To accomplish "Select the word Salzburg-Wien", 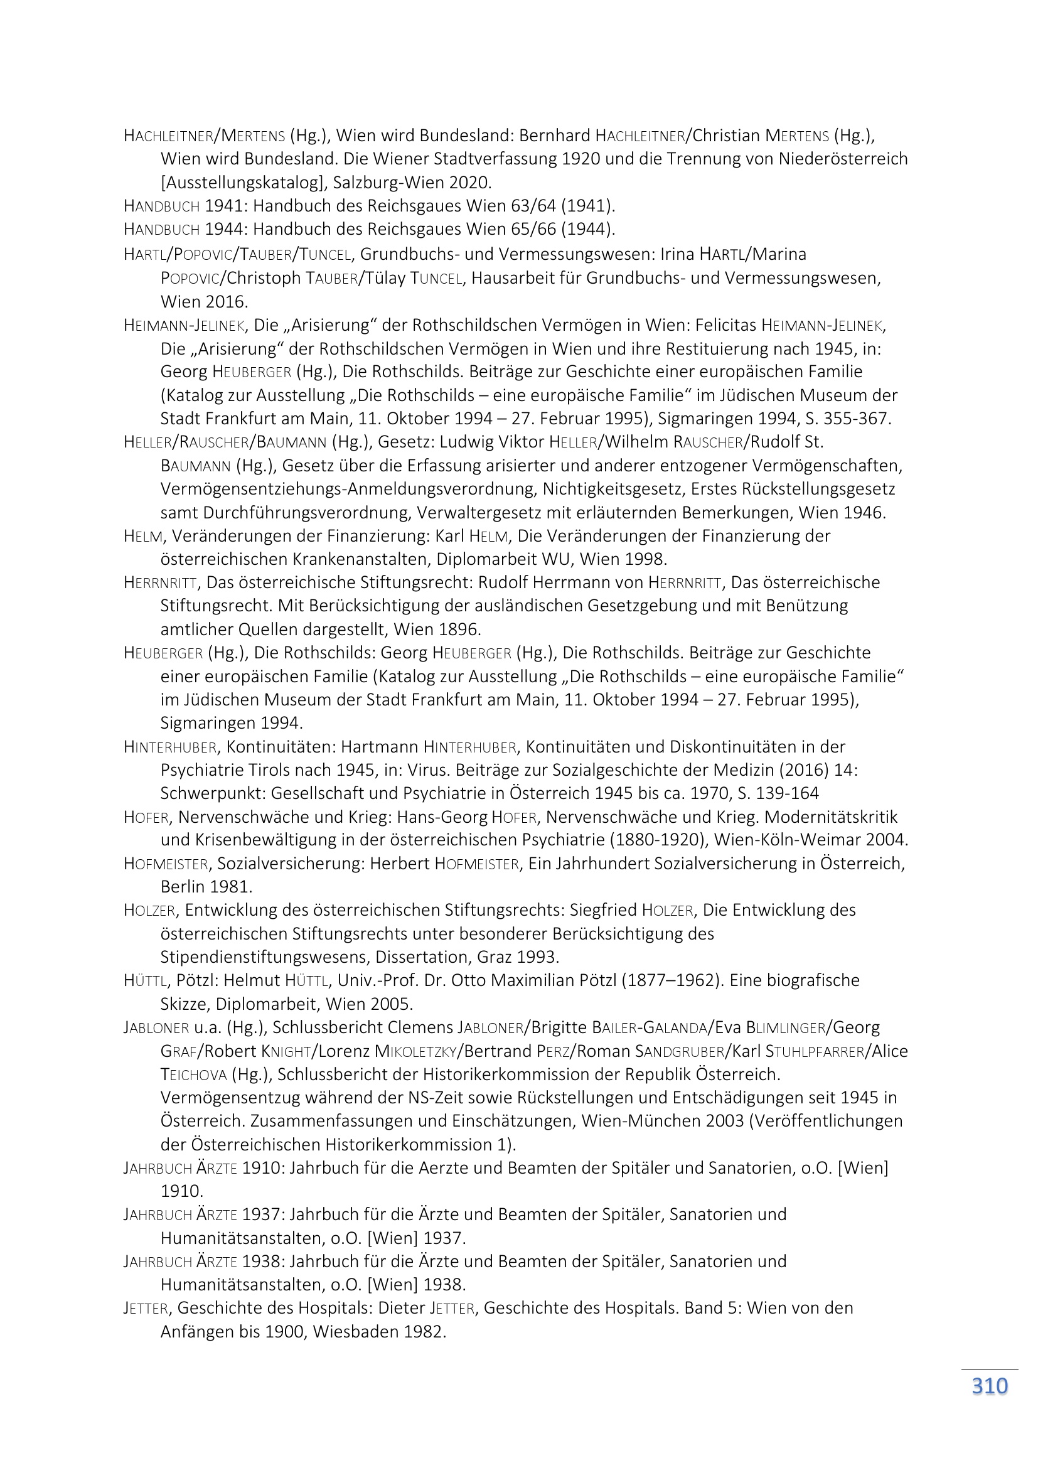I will [388, 182].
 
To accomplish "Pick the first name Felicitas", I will [725, 325].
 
